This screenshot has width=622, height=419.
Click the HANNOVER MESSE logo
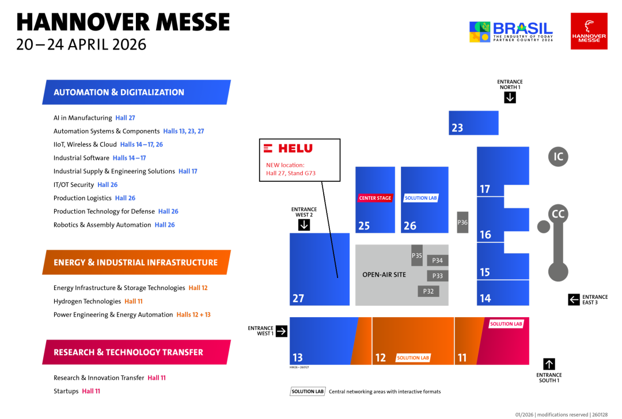(x=589, y=31)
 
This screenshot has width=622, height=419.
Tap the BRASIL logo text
(x=522, y=28)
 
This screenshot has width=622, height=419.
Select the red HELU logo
(x=289, y=148)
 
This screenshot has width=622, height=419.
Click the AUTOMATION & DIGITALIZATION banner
(x=136, y=92)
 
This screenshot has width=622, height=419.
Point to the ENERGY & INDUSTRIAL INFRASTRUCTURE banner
(x=136, y=262)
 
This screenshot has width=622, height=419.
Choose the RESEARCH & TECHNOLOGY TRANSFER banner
(x=136, y=352)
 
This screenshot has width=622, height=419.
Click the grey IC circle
(x=557, y=157)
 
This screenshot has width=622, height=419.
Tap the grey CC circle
(x=557, y=214)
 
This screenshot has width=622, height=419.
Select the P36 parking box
(x=462, y=222)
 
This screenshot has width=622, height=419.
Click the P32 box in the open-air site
(x=428, y=291)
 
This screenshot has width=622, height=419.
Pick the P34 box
(x=438, y=261)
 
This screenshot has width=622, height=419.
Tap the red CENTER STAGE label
(x=375, y=198)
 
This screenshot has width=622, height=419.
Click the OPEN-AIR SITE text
(x=384, y=275)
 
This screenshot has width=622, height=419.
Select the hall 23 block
(x=473, y=123)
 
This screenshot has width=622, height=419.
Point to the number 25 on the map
(x=364, y=226)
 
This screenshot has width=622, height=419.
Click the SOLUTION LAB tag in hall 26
(x=420, y=198)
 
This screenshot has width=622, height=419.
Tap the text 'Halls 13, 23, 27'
(x=184, y=131)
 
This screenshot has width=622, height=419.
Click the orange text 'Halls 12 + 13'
(x=194, y=315)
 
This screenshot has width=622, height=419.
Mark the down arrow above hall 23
(x=510, y=98)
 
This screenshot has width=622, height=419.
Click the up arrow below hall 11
(x=549, y=364)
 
